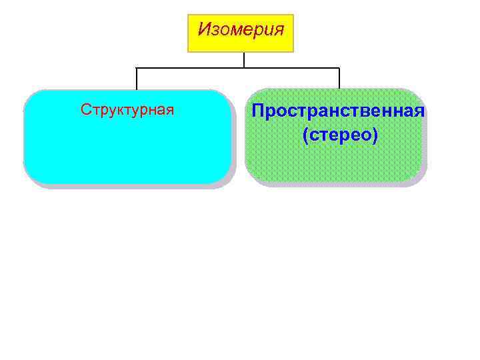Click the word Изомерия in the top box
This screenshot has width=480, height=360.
241,30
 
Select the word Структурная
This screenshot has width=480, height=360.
127,109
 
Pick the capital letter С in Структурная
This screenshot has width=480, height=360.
85,109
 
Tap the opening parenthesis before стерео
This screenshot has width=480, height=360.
305,136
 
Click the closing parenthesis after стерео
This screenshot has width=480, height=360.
375,136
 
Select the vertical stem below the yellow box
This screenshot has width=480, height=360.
244,59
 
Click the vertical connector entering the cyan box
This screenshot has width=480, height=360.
137,79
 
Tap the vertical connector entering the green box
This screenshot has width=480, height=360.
339,79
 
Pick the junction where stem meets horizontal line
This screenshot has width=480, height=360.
244,68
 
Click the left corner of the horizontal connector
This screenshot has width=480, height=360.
137,68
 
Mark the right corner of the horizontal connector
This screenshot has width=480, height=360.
339,68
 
